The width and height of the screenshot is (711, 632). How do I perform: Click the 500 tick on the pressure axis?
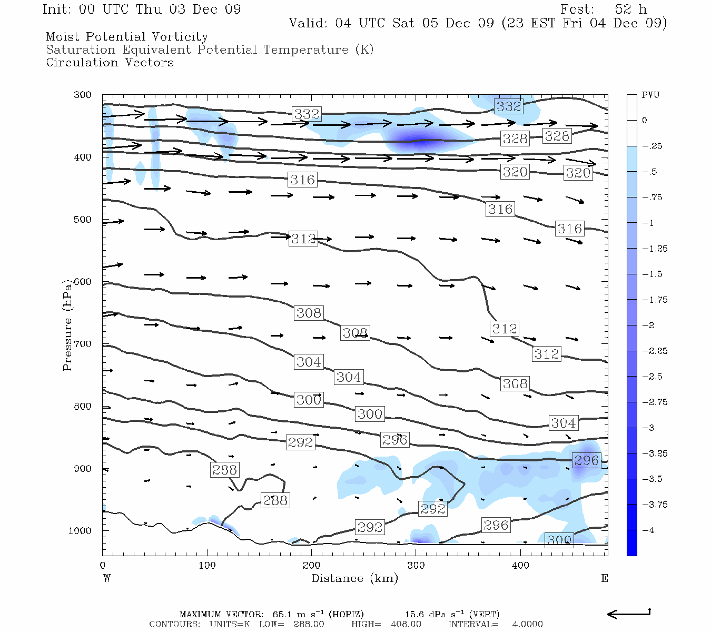(x=83, y=220)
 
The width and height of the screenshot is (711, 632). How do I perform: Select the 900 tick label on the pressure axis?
(x=83, y=469)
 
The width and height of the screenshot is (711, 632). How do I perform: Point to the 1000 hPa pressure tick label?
(x=80, y=531)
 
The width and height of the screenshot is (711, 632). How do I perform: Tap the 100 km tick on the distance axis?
(x=207, y=566)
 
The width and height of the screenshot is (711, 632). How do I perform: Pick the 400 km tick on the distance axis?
(x=520, y=566)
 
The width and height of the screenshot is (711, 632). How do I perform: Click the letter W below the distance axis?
(x=106, y=578)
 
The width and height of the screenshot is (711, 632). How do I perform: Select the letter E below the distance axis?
(x=605, y=578)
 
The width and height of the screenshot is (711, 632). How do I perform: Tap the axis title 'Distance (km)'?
(x=354, y=578)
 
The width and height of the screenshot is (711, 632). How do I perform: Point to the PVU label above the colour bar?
(x=650, y=95)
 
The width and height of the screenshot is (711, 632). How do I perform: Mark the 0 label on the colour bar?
(x=645, y=121)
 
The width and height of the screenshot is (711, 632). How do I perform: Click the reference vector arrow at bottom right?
(x=629, y=614)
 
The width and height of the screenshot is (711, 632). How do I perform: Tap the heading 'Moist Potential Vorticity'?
(x=127, y=37)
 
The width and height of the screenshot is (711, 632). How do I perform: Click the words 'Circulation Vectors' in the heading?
(x=110, y=62)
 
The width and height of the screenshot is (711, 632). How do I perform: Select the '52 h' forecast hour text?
(x=630, y=9)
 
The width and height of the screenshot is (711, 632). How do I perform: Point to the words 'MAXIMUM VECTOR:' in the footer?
(x=221, y=614)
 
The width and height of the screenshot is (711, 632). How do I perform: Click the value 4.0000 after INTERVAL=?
(x=527, y=624)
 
